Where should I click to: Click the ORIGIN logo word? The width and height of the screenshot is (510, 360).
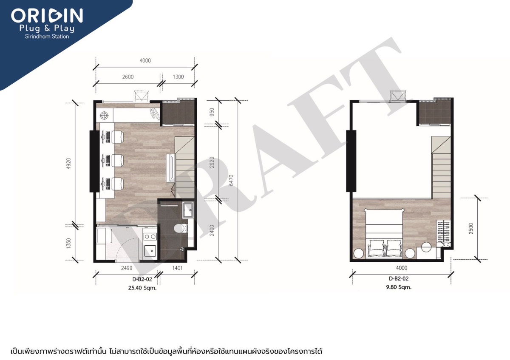pos(47,16)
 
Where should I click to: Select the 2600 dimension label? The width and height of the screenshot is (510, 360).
pos(128,77)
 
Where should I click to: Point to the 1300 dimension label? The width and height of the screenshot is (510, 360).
pos(179,77)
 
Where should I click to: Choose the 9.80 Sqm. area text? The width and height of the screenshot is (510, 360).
pos(400,287)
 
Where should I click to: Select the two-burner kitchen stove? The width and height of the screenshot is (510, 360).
pos(150,236)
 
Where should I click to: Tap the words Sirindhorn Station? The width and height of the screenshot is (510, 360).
pos(47,37)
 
